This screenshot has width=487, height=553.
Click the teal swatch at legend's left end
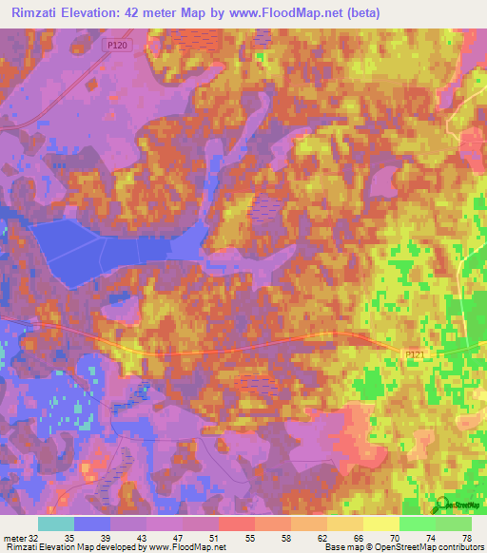56,524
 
